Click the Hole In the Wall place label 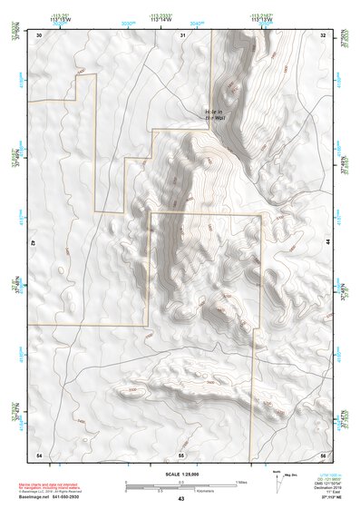[x=214, y=115]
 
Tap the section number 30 [x=39, y=35]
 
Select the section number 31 [x=182, y=35]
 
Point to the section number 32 [x=324, y=35]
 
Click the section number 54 [x=38, y=454]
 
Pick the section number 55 [x=181, y=454]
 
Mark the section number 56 [x=323, y=454]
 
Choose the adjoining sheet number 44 [x=329, y=243]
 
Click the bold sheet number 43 [x=181, y=499]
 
